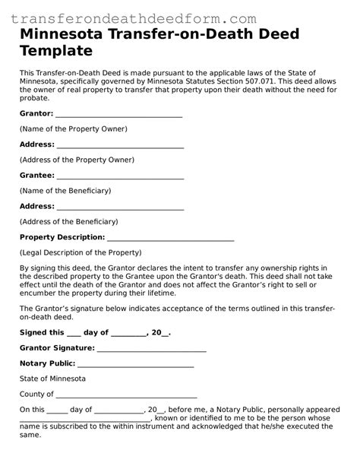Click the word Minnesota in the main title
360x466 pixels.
(x=64, y=35)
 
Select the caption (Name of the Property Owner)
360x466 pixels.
(x=73, y=129)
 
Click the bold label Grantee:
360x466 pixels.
(x=36, y=175)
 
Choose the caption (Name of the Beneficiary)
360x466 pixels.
(x=65, y=190)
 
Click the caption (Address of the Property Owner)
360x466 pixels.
(x=77, y=160)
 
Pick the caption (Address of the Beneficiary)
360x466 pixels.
(x=68, y=221)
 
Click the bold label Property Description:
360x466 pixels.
(x=61, y=237)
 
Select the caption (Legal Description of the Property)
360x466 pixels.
(x=81, y=252)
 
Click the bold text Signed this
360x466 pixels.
(x=42, y=332)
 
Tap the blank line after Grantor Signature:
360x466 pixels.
(x=152, y=348)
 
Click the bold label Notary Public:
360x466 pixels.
(x=47, y=363)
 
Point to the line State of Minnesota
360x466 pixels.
(x=52, y=379)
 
